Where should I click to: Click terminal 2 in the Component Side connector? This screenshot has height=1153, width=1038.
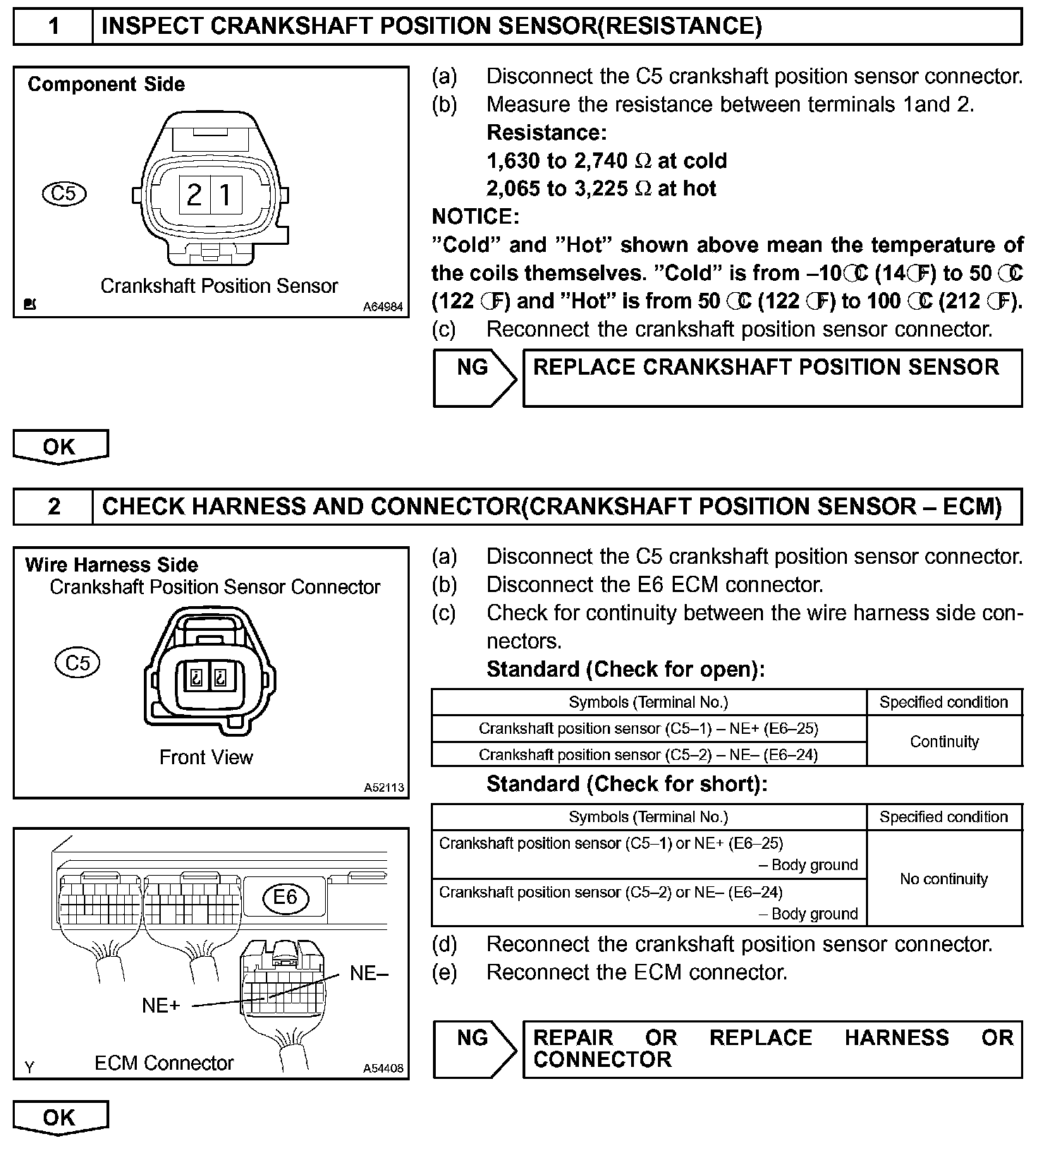193,193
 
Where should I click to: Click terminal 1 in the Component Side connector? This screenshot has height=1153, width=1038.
226,193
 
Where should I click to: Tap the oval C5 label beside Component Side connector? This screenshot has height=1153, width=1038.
63,193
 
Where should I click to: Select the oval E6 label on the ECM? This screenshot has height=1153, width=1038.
285,897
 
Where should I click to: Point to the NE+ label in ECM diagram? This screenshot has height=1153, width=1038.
161,1006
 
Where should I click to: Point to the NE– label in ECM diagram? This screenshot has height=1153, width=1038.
369,974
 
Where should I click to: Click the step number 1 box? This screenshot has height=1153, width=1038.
54,27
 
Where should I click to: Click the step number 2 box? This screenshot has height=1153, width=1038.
54,507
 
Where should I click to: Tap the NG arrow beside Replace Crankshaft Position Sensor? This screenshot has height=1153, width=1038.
474,378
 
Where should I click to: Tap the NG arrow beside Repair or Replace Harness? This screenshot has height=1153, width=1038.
474,1049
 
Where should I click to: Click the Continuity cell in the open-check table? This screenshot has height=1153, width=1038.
944,742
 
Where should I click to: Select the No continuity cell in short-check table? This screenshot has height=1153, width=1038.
944,879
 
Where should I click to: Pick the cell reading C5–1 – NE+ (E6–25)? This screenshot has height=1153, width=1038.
648,728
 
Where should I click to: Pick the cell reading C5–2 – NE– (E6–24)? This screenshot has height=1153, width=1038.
648,754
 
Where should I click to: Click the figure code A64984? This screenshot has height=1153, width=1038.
383,307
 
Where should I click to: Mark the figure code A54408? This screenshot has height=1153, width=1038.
383,1068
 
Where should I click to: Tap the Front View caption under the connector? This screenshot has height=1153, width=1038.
206,757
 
